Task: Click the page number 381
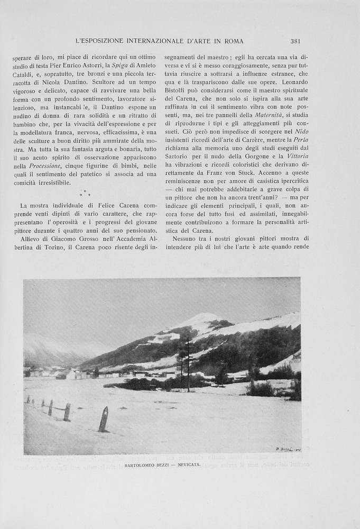[x=295, y=41]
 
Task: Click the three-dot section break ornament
[x=85, y=193]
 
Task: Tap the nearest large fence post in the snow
[x=103, y=419]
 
